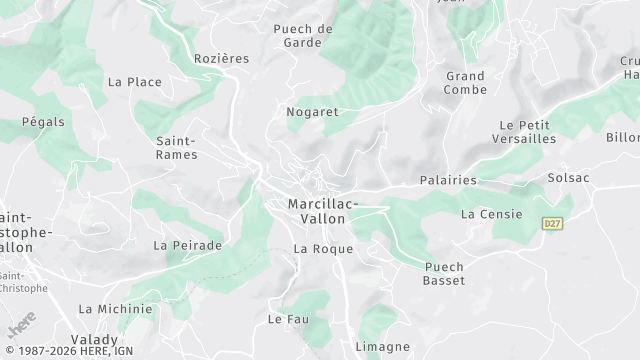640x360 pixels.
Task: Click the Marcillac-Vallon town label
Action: [x=322, y=210]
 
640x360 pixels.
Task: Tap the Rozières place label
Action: [x=221, y=59]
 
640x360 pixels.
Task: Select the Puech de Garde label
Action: [x=303, y=36]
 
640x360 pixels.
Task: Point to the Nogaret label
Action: [x=312, y=112]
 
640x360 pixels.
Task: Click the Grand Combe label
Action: [x=465, y=83]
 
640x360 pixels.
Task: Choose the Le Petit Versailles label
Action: [x=524, y=132]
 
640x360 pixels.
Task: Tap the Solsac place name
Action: [x=568, y=178]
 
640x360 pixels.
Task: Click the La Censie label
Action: [x=486, y=214]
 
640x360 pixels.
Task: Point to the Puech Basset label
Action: [x=444, y=273]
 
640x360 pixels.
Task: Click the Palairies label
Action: [x=447, y=181]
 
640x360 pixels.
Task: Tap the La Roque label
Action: [x=324, y=248]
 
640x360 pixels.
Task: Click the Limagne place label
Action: [x=382, y=346]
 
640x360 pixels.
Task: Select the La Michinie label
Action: [x=115, y=309]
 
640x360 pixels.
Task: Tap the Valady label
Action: [x=94, y=339]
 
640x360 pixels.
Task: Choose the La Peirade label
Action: [x=187, y=245]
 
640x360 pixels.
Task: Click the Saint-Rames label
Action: [x=177, y=147]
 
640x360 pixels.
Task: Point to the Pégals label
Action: [x=43, y=122]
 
